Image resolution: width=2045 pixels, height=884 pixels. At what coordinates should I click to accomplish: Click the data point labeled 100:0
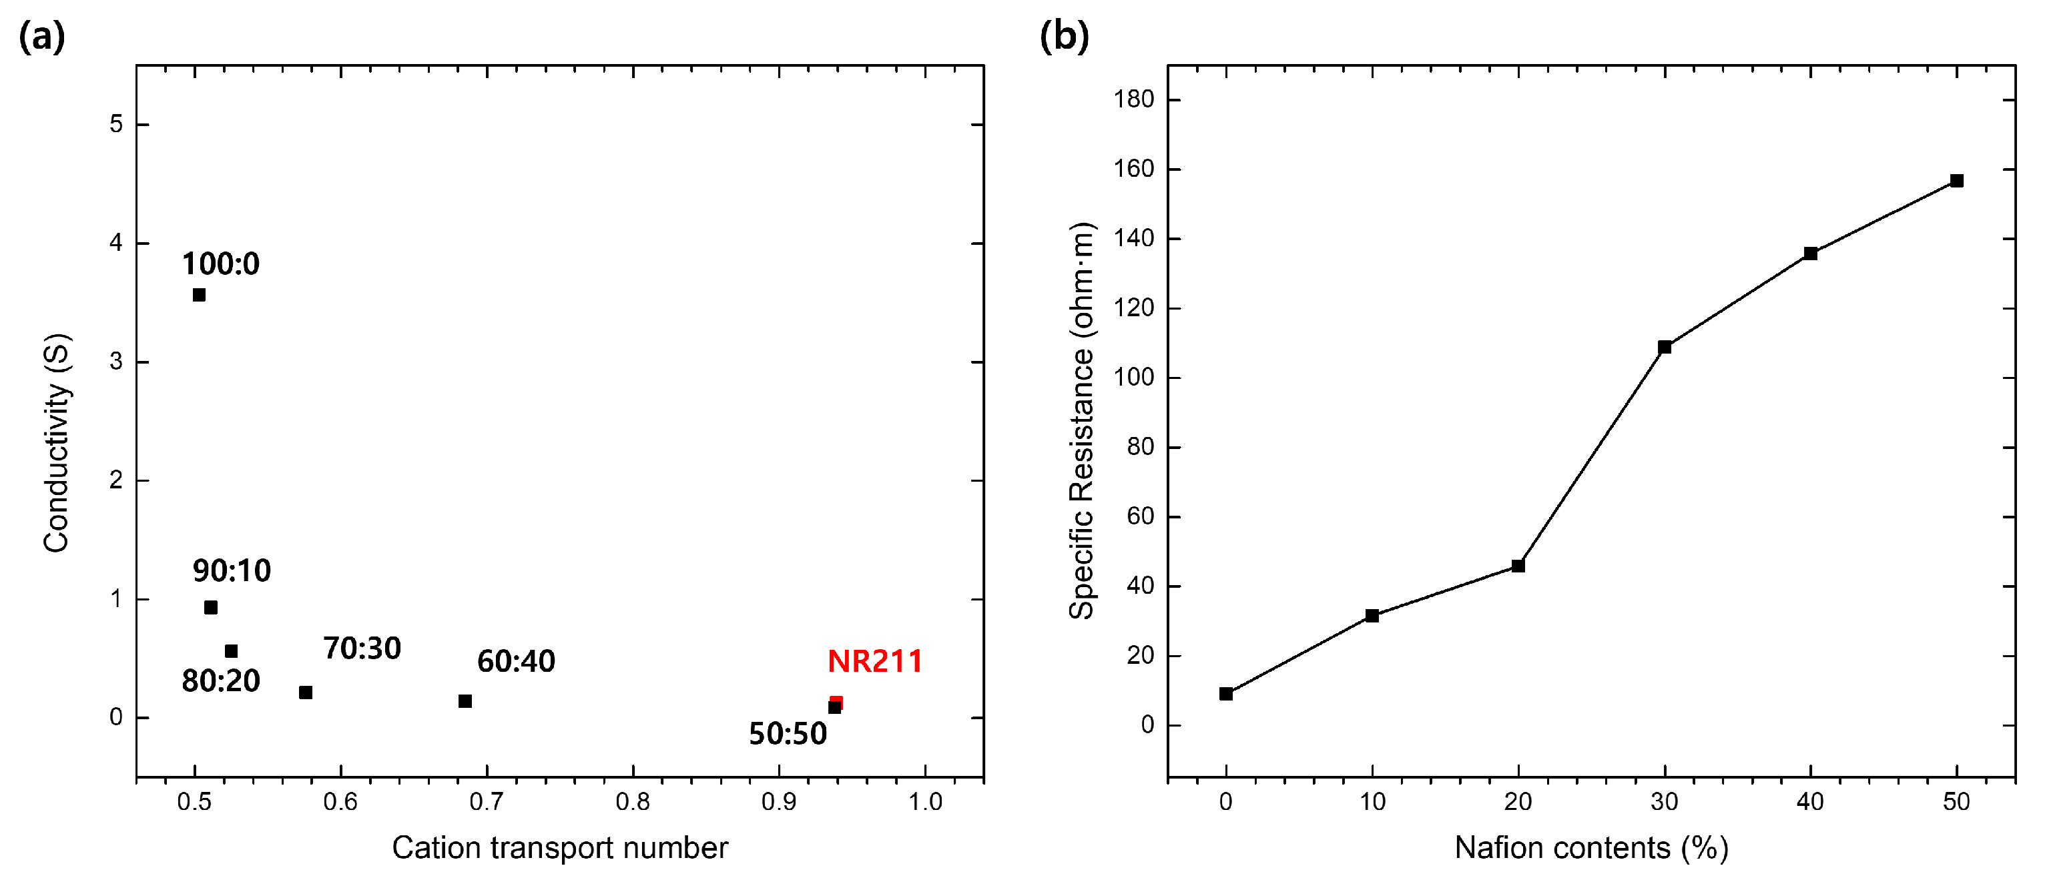tap(200, 295)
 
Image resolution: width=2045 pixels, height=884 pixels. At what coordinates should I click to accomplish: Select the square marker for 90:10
tap(210, 608)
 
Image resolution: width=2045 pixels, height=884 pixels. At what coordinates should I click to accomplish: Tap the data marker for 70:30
tap(306, 693)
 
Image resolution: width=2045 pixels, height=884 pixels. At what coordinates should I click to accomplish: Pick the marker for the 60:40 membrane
tap(465, 701)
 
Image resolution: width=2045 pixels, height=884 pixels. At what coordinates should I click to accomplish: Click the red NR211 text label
tap(875, 662)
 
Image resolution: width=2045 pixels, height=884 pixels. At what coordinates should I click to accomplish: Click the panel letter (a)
tap(41, 37)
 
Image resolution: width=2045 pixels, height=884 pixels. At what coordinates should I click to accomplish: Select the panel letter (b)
tap(1064, 37)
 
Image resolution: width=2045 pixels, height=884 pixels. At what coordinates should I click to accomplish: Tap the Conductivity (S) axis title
tap(57, 443)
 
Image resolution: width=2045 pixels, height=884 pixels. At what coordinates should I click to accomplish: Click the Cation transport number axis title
tap(560, 848)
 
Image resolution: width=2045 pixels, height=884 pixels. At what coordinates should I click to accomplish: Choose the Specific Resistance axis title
tap(1081, 420)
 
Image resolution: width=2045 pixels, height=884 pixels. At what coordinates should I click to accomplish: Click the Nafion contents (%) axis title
tap(1591, 848)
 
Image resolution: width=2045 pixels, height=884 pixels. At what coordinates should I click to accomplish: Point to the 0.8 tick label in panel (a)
tap(633, 802)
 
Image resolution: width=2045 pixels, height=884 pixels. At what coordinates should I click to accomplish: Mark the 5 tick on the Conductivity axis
tap(117, 125)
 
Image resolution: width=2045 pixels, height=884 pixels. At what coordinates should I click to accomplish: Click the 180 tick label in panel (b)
tap(1134, 100)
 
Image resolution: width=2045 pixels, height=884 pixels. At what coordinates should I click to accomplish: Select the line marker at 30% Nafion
tap(1665, 348)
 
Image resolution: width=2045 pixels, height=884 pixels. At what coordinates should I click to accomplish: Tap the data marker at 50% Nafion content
tap(1957, 181)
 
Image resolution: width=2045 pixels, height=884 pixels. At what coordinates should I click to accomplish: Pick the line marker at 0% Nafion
tap(1225, 695)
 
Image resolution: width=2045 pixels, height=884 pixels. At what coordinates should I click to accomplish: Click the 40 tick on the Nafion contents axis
tap(1810, 802)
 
